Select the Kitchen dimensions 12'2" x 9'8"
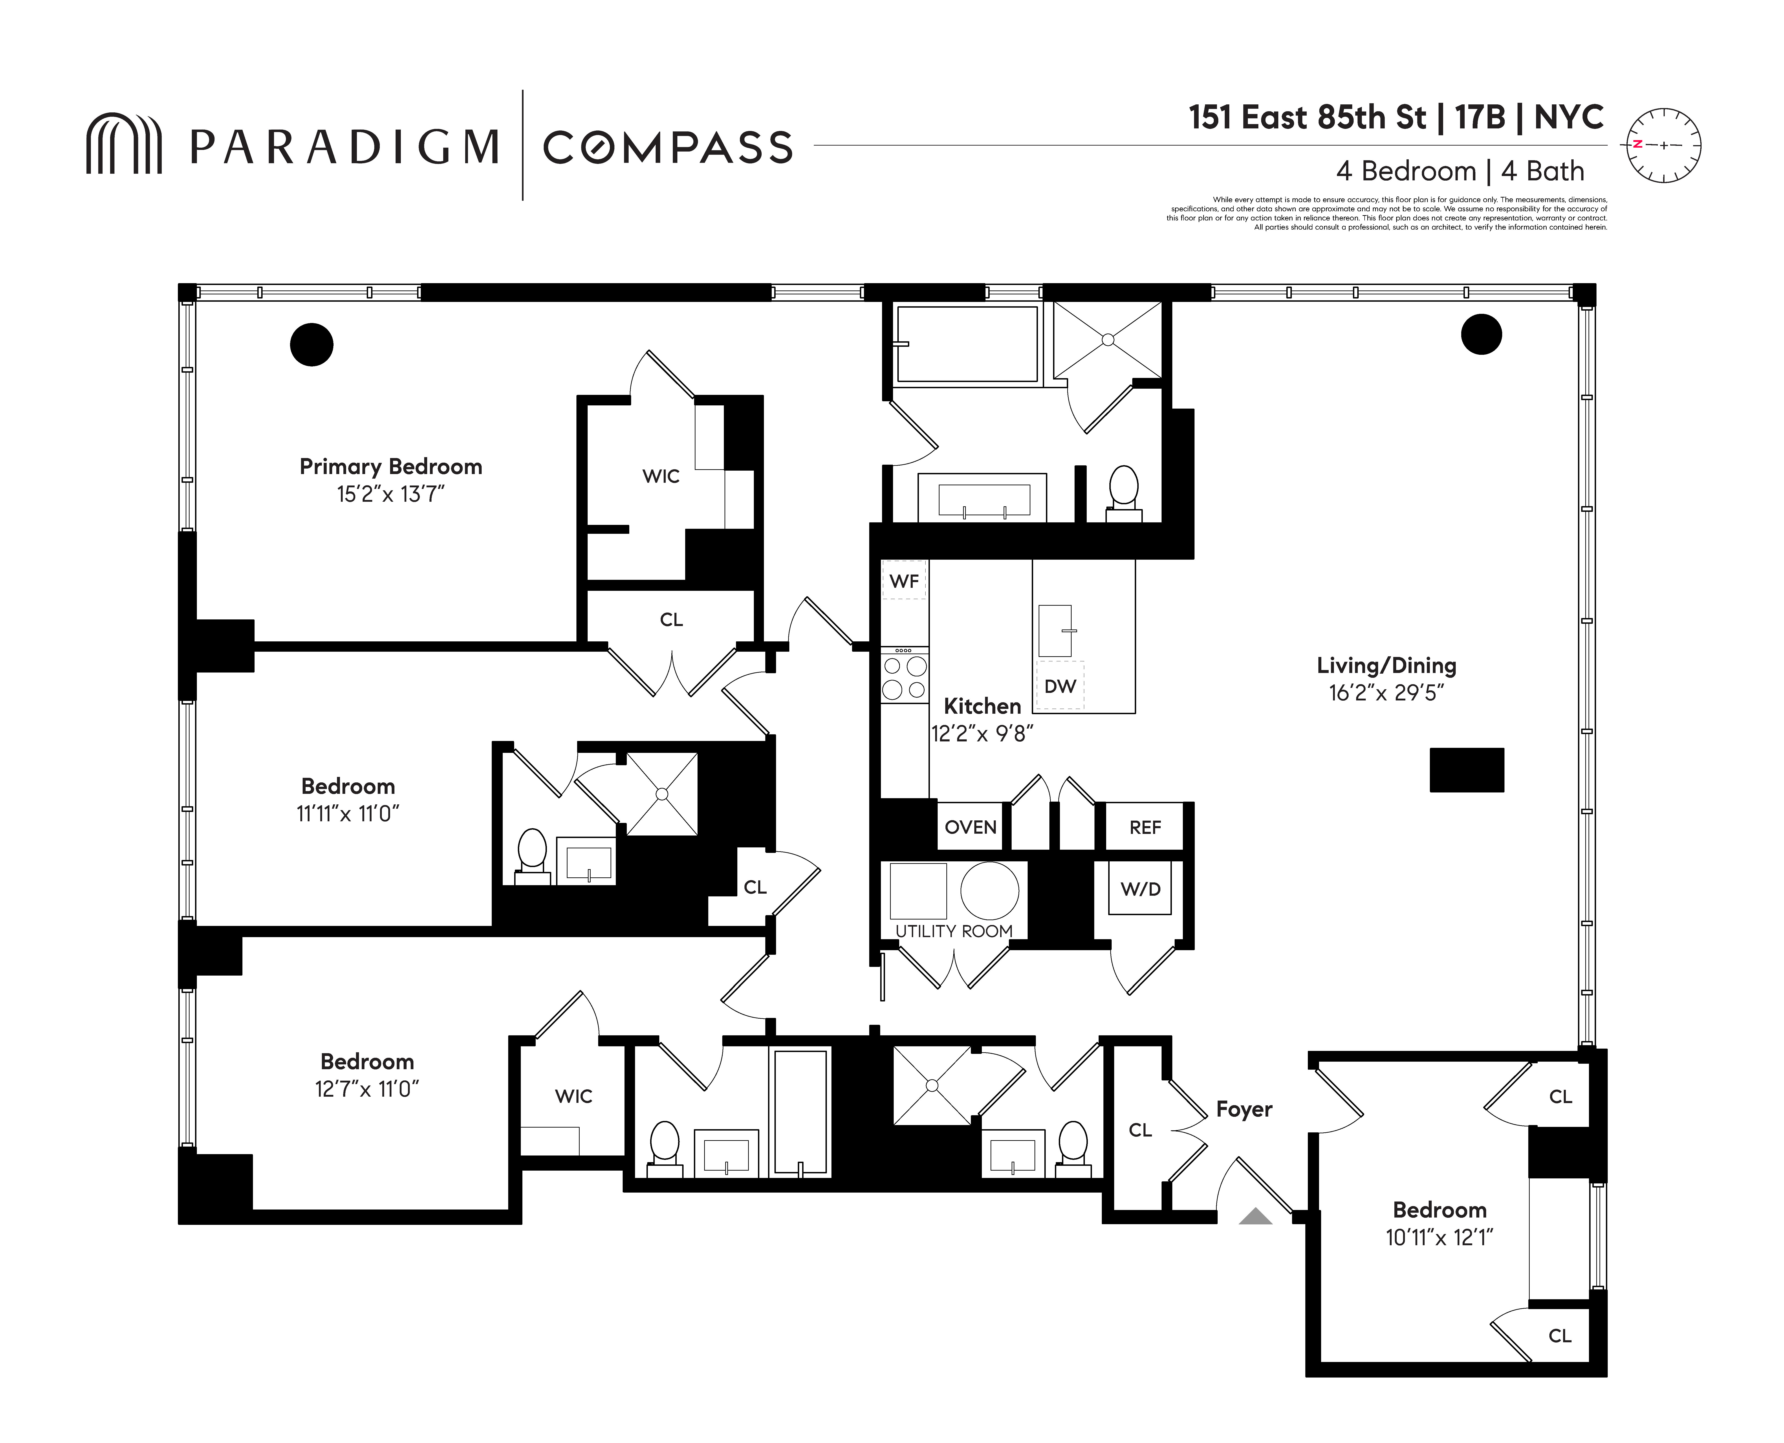[x=982, y=733]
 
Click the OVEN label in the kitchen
[x=970, y=827]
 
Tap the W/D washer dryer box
[x=1140, y=889]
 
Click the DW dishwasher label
[x=1060, y=686]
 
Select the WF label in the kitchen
[x=904, y=581]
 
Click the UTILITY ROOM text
[x=953, y=931]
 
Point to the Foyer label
[x=1244, y=1109]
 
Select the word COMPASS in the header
[x=668, y=148]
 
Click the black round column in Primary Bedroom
[x=312, y=344]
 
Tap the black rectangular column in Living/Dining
[x=1466, y=770]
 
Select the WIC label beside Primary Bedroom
[x=661, y=476]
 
